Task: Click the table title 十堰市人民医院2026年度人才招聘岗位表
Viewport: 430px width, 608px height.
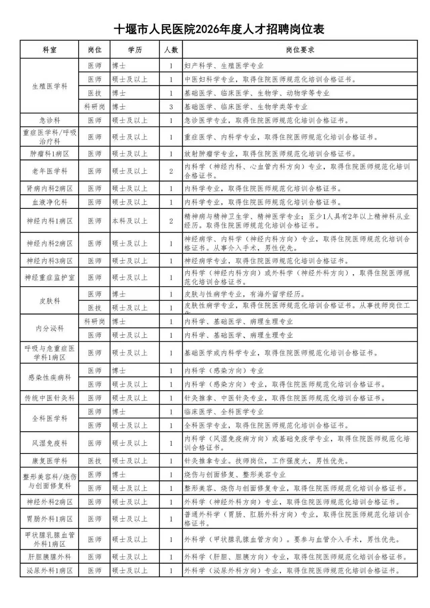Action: tap(219, 30)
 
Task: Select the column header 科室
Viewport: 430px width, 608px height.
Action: tap(49, 50)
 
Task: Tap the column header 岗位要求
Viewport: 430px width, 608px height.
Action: tap(300, 50)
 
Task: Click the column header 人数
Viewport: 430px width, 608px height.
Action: tap(171, 50)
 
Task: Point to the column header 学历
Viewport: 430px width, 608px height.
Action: tap(135, 50)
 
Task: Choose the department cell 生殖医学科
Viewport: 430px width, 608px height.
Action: tap(49, 86)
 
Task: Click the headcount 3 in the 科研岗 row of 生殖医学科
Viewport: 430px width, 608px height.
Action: tap(171, 107)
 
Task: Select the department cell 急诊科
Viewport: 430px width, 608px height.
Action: tap(49, 120)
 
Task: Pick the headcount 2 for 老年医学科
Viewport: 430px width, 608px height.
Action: tap(171, 171)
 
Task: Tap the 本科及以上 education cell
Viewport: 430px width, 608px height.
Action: tap(130, 221)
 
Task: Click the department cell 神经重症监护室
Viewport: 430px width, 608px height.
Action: tap(49, 278)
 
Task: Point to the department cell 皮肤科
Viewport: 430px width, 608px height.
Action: tap(49, 301)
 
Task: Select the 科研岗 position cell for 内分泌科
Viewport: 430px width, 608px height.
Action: tap(94, 322)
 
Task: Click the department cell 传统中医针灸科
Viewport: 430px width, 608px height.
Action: tap(49, 398)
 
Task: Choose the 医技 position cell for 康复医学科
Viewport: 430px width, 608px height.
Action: tap(94, 461)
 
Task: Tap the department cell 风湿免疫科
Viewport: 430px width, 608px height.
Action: tap(49, 443)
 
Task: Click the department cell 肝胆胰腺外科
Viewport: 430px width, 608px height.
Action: tap(49, 557)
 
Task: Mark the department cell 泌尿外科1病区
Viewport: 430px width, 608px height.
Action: tap(49, 571)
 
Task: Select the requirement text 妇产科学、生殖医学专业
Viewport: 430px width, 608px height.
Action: tap(224, 66)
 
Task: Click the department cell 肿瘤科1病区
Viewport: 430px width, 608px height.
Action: tap(49, 154)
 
